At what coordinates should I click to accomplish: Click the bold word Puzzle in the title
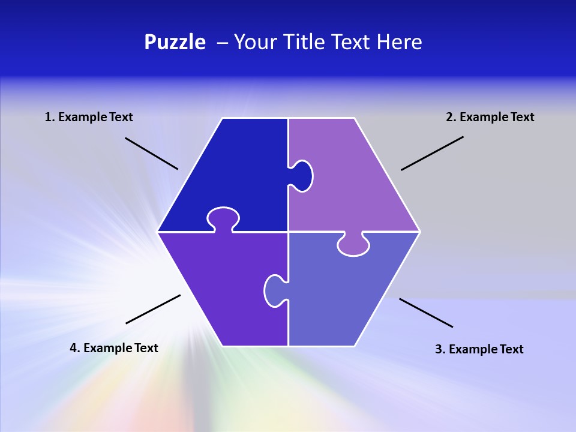(175, 43)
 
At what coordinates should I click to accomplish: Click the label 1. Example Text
(89, 117)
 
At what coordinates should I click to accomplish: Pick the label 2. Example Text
(490, 117)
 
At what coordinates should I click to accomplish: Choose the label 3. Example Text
(479, 349)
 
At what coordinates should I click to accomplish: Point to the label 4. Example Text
(114, 348)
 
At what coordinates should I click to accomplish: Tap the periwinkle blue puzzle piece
(342, 294)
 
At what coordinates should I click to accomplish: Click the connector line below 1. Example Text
(151, 153)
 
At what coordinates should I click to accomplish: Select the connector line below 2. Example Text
(432, 153)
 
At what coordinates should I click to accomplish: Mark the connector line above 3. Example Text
(426, 313)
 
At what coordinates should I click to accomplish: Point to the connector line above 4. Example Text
(153, 309)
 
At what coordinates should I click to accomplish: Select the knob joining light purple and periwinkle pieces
(353, 245)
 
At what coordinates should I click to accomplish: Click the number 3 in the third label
(438, 349)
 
